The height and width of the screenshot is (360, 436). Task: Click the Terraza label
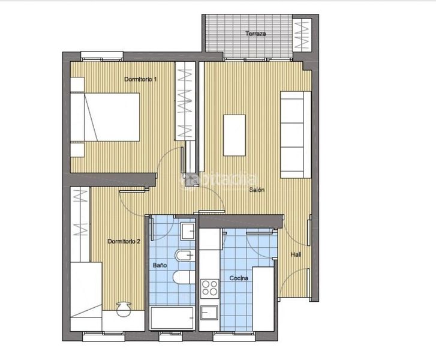[255, 34]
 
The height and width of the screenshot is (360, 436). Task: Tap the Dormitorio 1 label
[140, 79]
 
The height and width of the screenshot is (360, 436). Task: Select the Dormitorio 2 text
[124, 241]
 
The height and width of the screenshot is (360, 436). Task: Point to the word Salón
[257, 190]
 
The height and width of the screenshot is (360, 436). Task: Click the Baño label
[160, 265]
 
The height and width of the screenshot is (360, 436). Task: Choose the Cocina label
[239, 278]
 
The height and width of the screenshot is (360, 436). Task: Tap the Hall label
[296, 254]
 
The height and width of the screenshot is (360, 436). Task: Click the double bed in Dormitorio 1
[105, 117]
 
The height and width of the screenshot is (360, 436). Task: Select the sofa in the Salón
[296, 134]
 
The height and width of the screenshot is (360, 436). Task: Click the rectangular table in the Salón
[234, 135]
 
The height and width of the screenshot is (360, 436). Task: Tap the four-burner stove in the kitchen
[210, 288]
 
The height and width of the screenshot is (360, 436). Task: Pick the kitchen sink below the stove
[209, 313]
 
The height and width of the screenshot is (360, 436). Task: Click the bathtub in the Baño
[172, 318]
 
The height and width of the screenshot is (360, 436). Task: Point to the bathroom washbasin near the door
[188, 231]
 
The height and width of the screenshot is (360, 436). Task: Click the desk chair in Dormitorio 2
[124, 309]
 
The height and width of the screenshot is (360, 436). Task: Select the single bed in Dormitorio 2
[86, 296]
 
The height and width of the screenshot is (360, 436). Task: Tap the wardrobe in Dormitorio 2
[80, 224]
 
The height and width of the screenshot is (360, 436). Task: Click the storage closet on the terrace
[302, 35]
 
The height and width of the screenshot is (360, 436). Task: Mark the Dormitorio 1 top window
[102, 56]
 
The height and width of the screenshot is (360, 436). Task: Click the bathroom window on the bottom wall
[170, 336]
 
